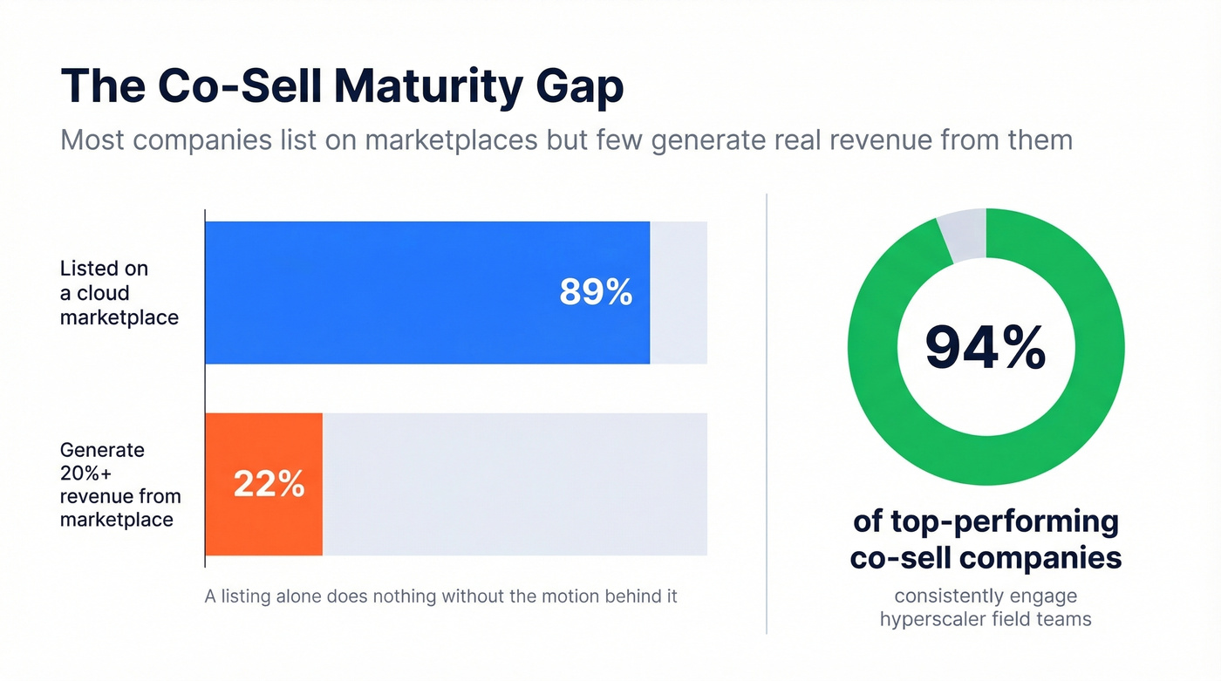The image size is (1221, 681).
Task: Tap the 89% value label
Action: [x=596, y=293]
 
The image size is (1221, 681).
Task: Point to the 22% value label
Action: [x=269, y=484]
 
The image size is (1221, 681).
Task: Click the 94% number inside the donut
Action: [x=986, y=347]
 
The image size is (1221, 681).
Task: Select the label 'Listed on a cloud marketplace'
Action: [x=119, y=293]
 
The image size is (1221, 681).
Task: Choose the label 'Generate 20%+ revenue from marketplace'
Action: [x=119, y=485]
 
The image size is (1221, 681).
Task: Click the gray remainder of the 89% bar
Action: [x=679, y=292]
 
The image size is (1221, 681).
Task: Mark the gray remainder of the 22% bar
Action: [x=515, y=484]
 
